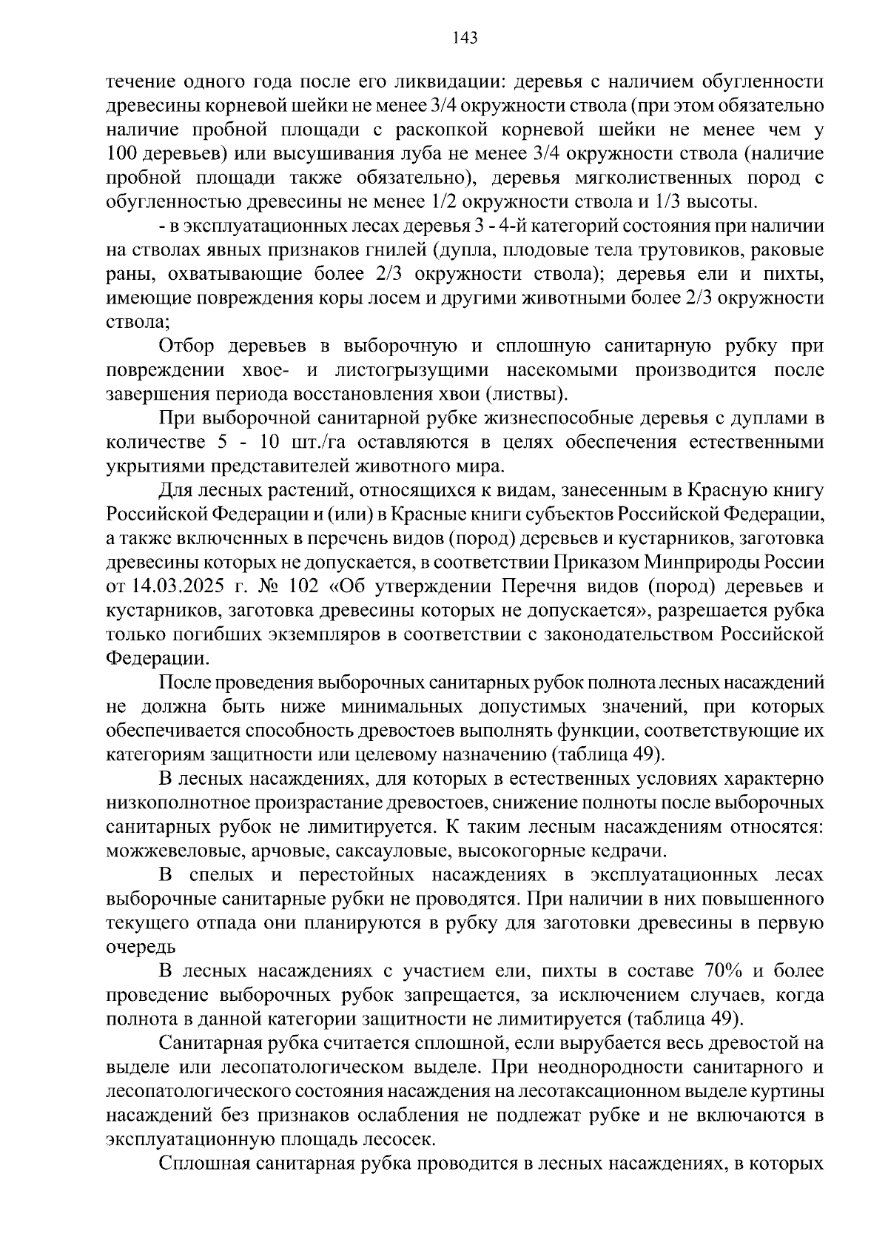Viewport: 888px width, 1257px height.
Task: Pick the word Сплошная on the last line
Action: point(201,1163)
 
